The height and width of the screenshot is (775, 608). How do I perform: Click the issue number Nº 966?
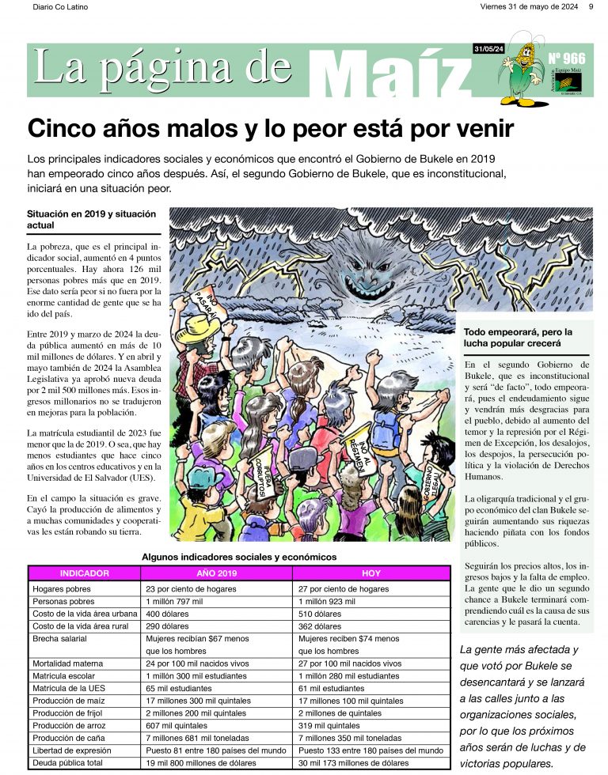pos(566,59)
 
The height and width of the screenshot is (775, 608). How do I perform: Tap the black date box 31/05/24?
pos(488,49)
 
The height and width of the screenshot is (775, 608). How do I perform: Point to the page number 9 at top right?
pos(591,7)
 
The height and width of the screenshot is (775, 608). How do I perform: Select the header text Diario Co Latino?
pos(61,7)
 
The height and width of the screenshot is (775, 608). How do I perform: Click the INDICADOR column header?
pos(85,573)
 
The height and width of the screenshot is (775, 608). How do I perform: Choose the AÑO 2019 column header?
pos(216,573)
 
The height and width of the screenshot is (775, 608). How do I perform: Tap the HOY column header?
pos(371,573)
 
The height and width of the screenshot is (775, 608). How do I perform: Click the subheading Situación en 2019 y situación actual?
pos(91,220)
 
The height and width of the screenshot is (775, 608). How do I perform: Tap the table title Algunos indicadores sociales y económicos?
pos(238,557)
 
